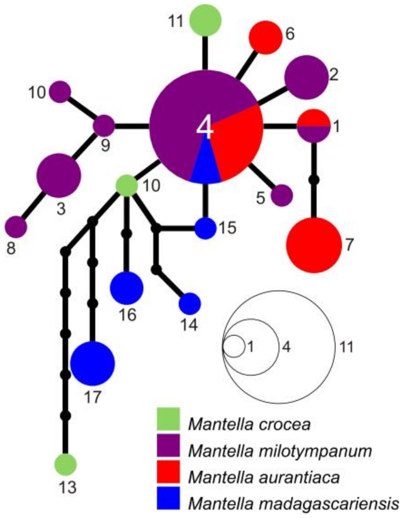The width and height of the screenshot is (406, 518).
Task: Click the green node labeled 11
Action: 205,20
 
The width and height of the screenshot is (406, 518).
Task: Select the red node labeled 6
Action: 265,37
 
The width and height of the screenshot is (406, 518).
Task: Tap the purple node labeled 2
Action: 306,77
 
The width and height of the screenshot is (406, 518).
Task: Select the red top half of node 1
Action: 314,118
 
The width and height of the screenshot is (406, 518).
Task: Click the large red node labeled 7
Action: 314,245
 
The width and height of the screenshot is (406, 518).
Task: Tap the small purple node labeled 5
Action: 282,195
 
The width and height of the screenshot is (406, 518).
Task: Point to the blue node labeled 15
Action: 205,229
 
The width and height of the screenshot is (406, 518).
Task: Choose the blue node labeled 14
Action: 190,304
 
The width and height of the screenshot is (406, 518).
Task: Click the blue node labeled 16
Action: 127,288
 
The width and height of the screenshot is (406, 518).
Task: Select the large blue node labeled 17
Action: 92,363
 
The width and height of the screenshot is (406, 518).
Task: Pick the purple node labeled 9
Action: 104,126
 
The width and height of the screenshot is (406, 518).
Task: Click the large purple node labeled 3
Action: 59,176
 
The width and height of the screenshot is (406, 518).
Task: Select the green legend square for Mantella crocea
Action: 168,419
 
